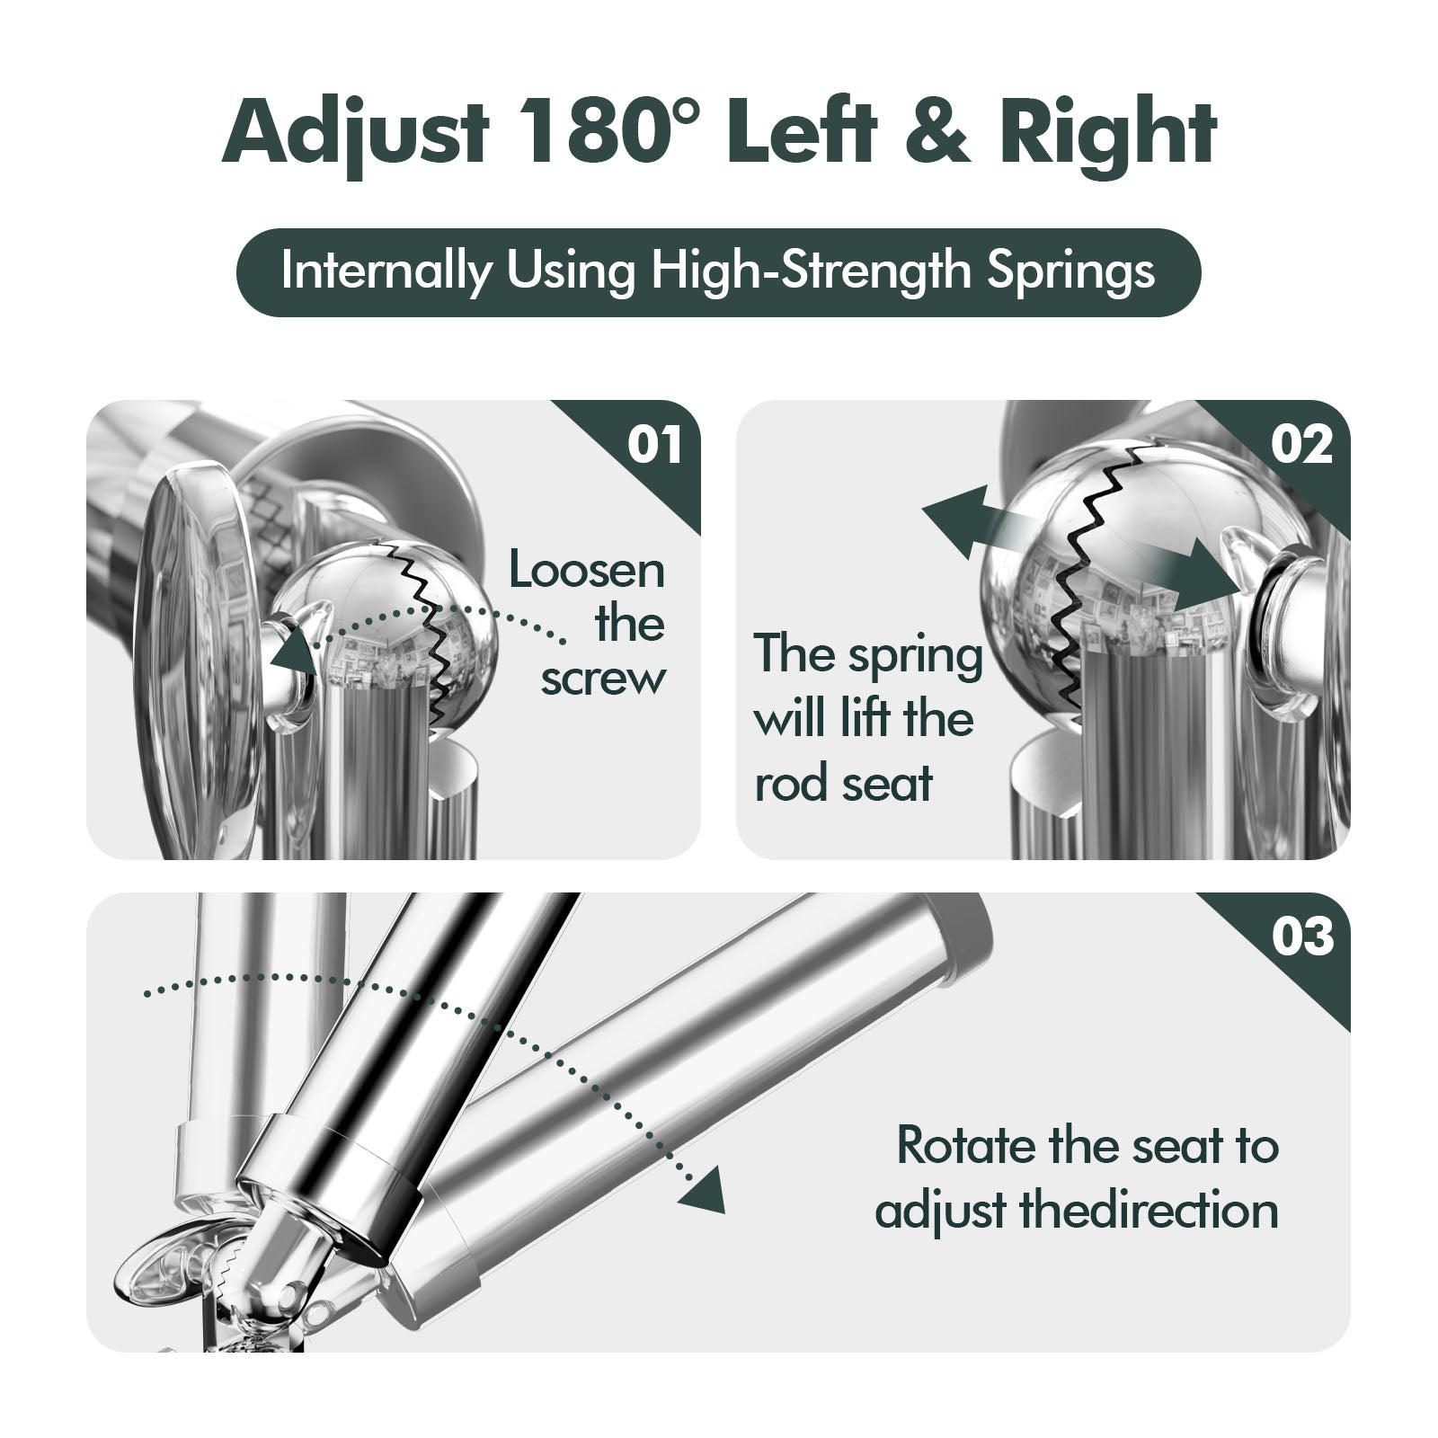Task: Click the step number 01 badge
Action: [654, 445]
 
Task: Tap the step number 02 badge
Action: [1302, 445]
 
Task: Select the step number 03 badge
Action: [1302, 936]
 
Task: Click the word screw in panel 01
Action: [603, 679]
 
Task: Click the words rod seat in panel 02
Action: [843, 783]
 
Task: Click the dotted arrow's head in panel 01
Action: [296, 645]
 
